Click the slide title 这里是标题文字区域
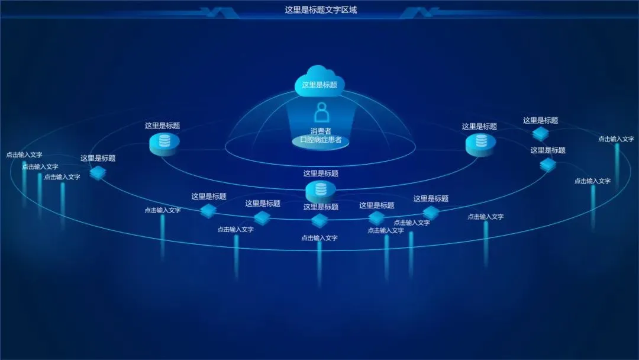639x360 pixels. [x=321, y=9]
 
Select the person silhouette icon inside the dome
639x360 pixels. [x=321, y=112]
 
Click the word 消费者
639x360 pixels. [x=321, y=131]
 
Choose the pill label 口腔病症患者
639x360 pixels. [x=321, y=140]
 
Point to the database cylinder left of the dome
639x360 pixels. [x=164, y=143]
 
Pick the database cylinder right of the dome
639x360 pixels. [x=480, y=143]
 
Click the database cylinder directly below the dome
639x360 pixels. [x=321, y=191]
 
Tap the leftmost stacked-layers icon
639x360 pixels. [x=98, y=172]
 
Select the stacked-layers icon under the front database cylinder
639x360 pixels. [x=319, y=221]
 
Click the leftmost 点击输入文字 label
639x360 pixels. [x=24, y=155]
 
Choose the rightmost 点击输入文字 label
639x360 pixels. [x=616, y=139]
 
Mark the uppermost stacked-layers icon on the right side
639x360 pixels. [x=540, y=133]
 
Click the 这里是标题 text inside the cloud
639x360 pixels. [x=319, y=85]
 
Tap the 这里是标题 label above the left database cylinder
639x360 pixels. [x=163, y=126]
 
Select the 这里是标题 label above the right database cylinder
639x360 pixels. [x=479, y=126]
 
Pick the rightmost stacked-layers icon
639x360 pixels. [x=548, y=165]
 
